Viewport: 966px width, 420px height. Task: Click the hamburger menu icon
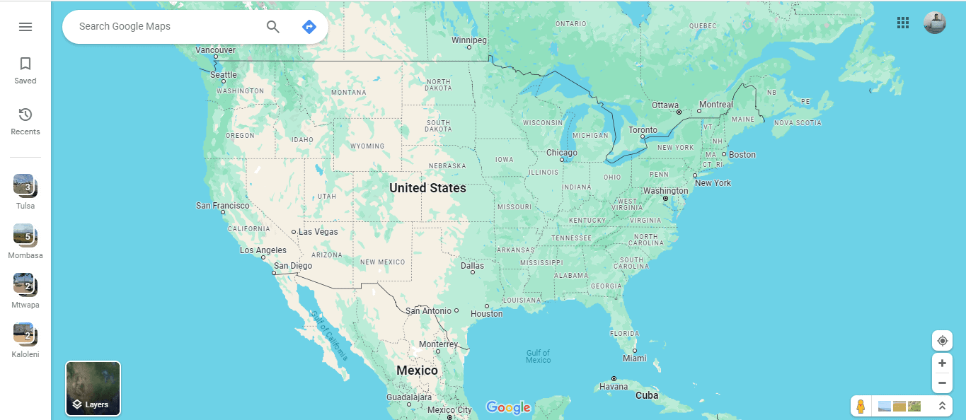(25, 27)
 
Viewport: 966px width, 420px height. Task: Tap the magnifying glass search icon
(273, 27)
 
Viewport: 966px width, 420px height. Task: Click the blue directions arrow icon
(309, 27)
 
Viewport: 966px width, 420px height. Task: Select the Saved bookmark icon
(25, 64)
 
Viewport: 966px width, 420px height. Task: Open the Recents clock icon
(25, 115)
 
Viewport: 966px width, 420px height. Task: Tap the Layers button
(93, 388)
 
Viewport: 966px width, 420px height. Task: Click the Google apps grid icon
(903, 23)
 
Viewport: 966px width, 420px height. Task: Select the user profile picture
(935, 23)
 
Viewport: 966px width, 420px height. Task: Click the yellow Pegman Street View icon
(861, 407)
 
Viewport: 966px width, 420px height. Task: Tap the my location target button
(942, 341)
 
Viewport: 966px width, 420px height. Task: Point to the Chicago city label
(562, 153)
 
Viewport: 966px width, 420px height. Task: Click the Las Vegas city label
(318, 232)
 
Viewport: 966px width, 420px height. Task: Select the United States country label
(427, 188)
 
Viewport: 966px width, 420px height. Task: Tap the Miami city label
(635, 358)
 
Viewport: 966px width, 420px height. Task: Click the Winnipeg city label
(469, 40)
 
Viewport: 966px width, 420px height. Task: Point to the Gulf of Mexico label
(538, 356)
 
